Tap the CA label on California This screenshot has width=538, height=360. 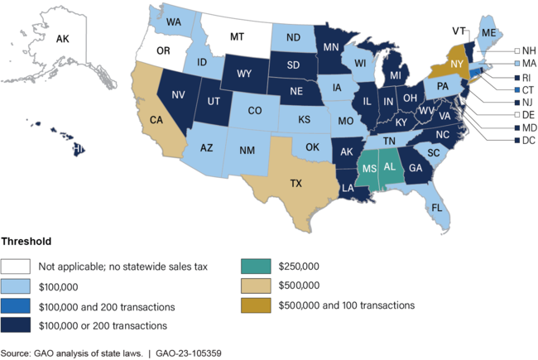[x=155, y=119]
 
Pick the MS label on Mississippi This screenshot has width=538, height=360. [x=369, y=170]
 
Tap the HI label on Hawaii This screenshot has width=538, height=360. [x=79, y=149]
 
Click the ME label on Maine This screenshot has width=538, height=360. [x=488, y=31]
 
